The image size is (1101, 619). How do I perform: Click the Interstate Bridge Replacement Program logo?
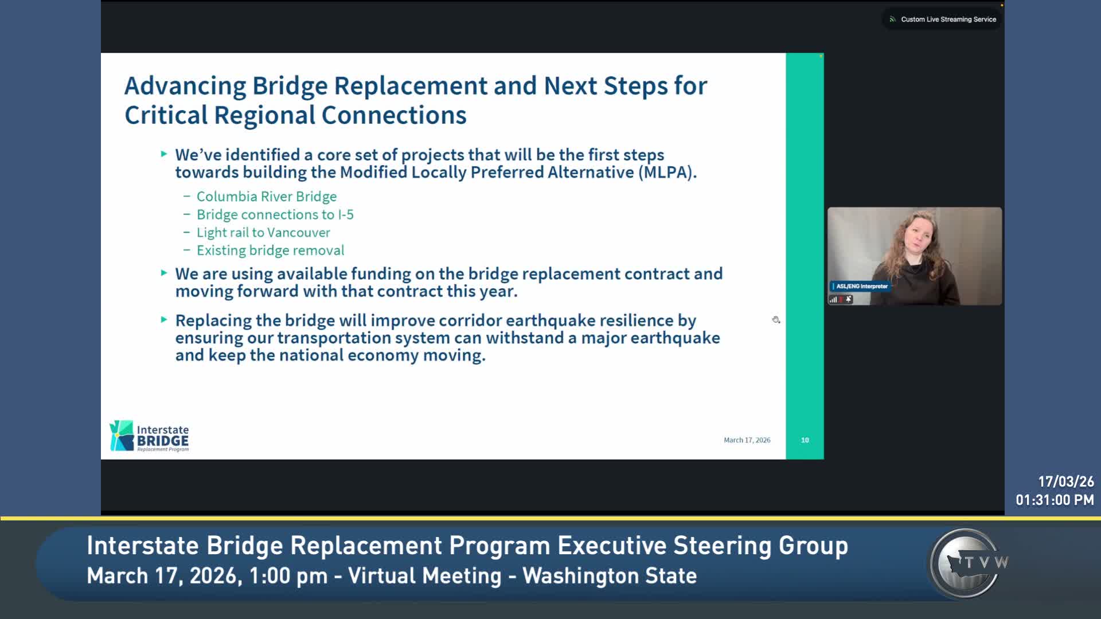149,436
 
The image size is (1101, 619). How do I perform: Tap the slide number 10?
805,440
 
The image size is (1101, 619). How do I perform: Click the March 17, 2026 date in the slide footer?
747,440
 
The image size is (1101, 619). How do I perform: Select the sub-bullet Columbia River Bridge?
266,197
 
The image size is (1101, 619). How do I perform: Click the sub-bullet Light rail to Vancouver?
263,233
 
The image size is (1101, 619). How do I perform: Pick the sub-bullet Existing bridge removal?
270,250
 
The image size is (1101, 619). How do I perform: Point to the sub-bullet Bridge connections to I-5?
275,214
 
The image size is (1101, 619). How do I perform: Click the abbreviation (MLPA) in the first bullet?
667,173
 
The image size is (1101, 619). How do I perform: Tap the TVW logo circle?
967,563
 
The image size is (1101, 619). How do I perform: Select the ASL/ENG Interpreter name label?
861,286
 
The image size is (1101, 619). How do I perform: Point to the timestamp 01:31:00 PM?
1055,500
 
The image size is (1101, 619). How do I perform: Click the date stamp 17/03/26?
1065,481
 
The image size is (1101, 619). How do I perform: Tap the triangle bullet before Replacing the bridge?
164,319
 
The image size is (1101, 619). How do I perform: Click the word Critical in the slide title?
166,115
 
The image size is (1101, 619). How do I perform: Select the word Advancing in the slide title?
185,86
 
